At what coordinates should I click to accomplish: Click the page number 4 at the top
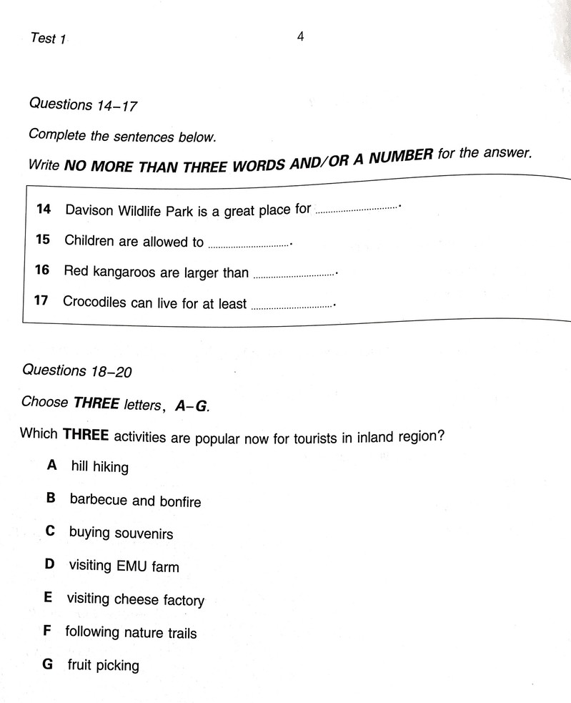click(x=301, y=36)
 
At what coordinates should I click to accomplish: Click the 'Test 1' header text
click(x=48, y=39)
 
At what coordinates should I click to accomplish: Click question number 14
click(x=44, y=210)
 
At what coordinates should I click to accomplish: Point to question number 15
click(x=43, y=240)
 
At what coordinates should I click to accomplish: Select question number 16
click(x=42, y=270)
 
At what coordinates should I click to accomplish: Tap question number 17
click(x=41, y=300)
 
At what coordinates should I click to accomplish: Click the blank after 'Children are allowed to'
click(x=248, y=245)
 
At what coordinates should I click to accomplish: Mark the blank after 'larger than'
click(x=294, y=274)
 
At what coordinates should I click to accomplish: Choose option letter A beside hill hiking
click(x=51, y=466)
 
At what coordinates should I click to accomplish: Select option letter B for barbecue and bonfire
click(x=51, y=498)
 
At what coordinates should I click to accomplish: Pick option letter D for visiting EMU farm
click(x=49, y=564)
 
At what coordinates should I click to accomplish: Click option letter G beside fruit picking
click(x=48, y=664)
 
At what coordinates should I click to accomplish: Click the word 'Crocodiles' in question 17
click(x=94, y=302)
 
